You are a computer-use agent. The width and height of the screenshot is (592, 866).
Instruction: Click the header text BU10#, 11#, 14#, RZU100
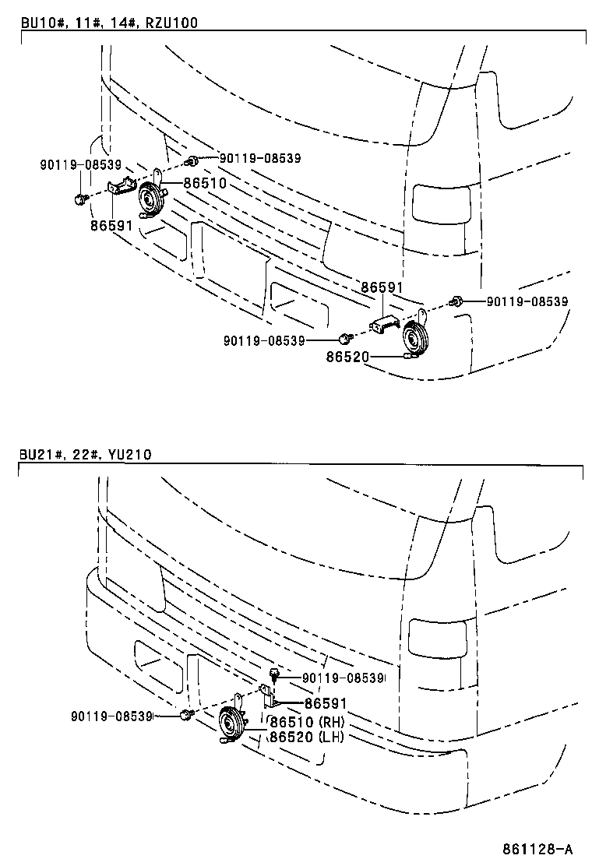(109, 23)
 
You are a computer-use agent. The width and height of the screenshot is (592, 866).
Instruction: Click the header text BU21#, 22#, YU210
(85, 455)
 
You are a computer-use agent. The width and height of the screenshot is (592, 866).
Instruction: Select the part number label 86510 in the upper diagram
(204, 183)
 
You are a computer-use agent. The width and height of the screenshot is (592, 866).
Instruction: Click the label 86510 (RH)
(307, 721)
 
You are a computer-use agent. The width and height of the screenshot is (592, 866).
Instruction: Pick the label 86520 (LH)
(307, 736)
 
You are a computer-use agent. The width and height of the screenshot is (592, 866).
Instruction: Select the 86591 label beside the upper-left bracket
(111, 226)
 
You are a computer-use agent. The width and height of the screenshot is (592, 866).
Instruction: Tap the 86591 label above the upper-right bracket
(382, 287)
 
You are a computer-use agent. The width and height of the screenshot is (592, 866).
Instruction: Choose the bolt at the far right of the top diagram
(457, 301)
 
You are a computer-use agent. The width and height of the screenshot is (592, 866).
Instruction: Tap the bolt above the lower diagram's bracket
(274, 674)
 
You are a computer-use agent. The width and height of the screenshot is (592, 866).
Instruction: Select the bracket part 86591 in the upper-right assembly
(385, 323)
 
